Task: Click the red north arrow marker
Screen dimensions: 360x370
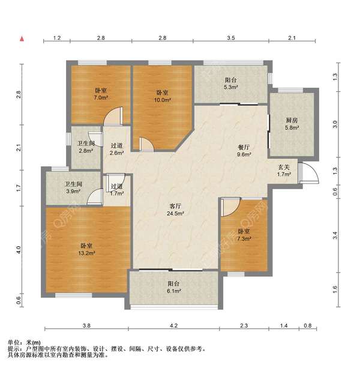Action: tap(22, 39)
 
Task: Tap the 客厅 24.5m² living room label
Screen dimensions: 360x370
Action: tap(175, 210)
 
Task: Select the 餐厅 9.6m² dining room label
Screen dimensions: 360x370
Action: tap(244, 151)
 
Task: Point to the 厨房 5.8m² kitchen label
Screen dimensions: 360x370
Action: tap(292, 124)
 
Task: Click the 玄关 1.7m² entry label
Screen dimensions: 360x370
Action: tap(284, 171)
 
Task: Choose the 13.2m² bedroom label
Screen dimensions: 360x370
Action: tap(86, 249)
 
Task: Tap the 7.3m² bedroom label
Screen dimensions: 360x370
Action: tap(244, 235)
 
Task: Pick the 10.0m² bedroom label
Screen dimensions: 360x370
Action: tap(163, 96)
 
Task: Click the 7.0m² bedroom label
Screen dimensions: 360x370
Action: tap(101, 94)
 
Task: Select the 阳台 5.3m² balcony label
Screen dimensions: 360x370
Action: tap(230, 83)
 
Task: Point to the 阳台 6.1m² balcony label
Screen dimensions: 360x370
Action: tap(174, 287)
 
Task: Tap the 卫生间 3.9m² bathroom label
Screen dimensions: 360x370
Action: tap(73, 187)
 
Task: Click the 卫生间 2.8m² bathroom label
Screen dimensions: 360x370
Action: tap(86, 147)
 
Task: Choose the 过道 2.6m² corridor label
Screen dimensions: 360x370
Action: tap(116, 149)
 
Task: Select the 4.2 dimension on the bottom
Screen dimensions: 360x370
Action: tap(174, 326)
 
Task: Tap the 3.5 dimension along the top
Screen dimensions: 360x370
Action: tap(231, 38)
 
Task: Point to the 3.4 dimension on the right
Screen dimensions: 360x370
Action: tap(335, 235)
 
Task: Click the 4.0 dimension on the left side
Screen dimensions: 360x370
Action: tap(19, 250)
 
